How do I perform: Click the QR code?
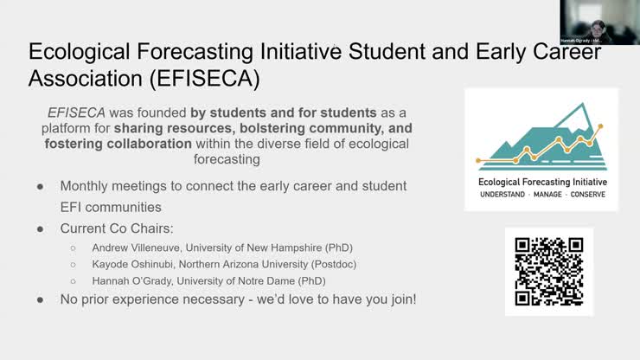(549, 272)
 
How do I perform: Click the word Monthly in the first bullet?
(87, 186)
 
